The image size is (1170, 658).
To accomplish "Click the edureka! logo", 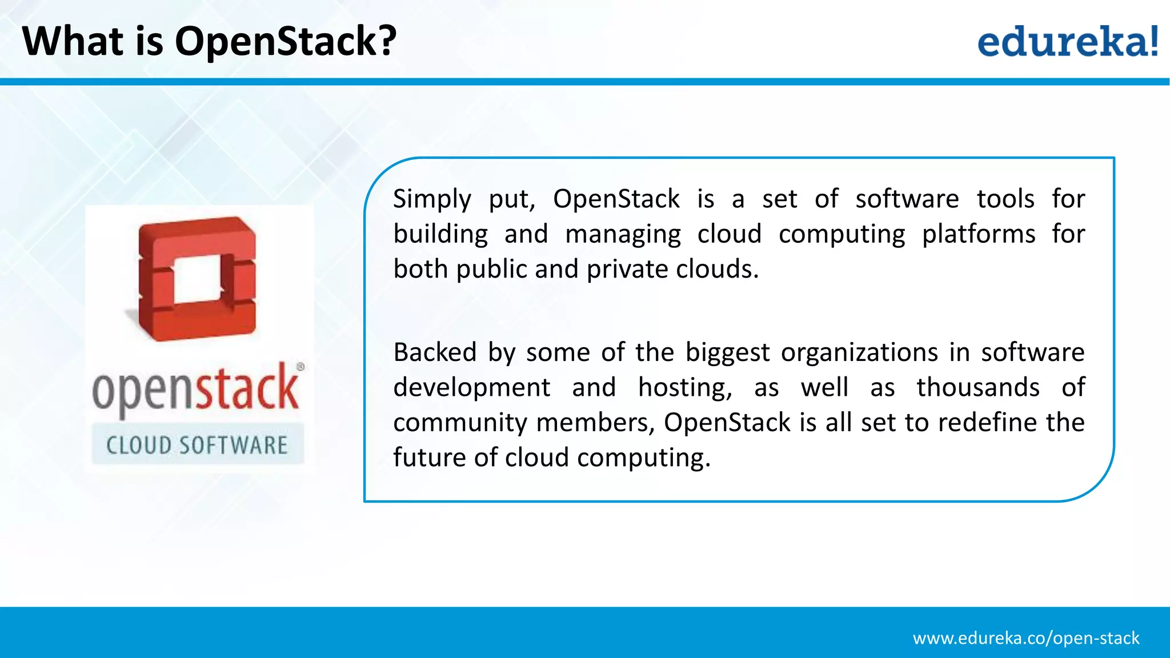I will point(1067,42).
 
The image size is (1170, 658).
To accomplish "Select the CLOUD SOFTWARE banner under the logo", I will point(198,445).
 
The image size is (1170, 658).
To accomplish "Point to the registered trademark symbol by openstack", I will point(300,367).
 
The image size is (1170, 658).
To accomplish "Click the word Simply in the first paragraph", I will point(432,199).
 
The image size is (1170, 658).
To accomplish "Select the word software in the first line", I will point(907,199).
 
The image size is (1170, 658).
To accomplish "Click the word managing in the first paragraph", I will point(623,235).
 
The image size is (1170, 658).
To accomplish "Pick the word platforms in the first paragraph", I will point(978,234).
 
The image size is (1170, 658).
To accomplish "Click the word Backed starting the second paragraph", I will point(434,352).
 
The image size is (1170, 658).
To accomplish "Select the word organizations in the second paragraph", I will point(859,353).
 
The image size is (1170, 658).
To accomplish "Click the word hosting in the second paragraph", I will point(684,388).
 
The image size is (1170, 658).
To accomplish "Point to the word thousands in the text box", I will point(977,387).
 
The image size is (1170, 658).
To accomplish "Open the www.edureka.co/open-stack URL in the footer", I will point(1025,638).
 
